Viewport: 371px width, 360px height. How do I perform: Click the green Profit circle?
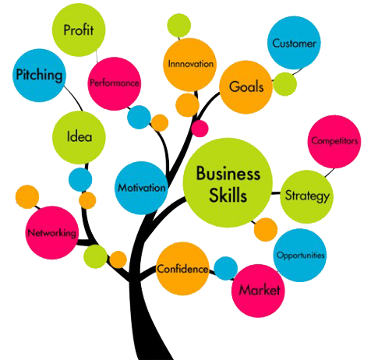[79, 30]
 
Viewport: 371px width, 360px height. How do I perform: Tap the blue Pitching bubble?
[39, 76]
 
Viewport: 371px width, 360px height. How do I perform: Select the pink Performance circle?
[115, 83]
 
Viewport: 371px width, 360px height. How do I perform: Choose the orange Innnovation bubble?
[190, 65]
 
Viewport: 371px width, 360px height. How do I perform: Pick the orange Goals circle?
[246, 87]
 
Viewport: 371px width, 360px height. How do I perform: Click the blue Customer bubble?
[294, 43]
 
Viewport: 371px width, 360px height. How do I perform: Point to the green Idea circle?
[79, 137]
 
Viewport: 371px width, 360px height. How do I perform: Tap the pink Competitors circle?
[334, 142]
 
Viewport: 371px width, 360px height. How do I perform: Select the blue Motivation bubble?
[141, 188]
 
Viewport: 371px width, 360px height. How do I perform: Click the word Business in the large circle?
[228, 173]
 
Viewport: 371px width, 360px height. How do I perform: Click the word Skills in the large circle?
[228, 195]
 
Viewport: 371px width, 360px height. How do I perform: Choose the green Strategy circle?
[307, 196]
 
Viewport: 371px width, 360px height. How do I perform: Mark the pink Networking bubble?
[52, 233]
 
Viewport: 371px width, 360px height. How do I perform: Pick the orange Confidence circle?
[182, 269]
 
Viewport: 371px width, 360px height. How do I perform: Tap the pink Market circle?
[258, 291]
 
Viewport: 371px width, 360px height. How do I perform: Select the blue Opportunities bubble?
[300, 255]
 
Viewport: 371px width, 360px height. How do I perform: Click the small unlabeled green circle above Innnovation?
[179, 26]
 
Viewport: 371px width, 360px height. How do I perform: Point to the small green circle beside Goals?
[285, 84]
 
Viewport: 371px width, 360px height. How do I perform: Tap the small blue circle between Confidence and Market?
[226, 268]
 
